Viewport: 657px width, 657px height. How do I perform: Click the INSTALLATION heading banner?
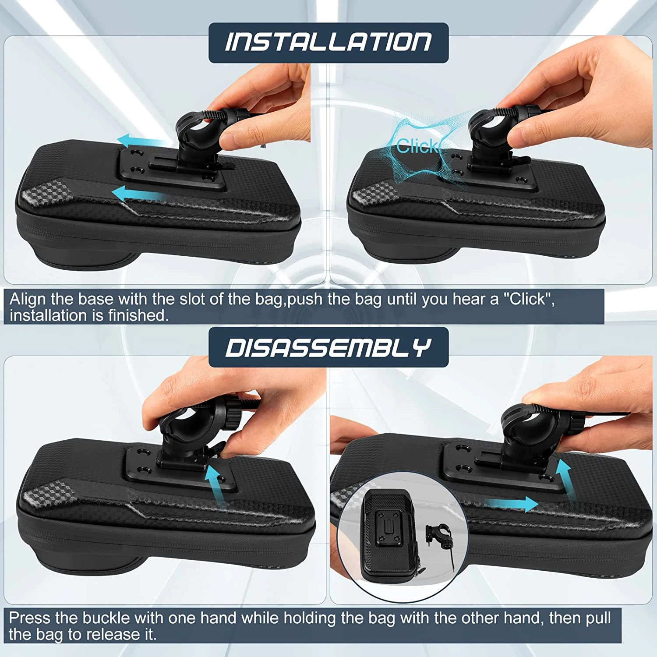(x=328, y=42)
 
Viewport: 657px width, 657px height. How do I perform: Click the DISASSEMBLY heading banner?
(x=328, y=347)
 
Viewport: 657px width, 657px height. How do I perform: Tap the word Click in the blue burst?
(x=417, y=146)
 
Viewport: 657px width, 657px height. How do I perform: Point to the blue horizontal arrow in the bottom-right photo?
(x=512, y=504)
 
